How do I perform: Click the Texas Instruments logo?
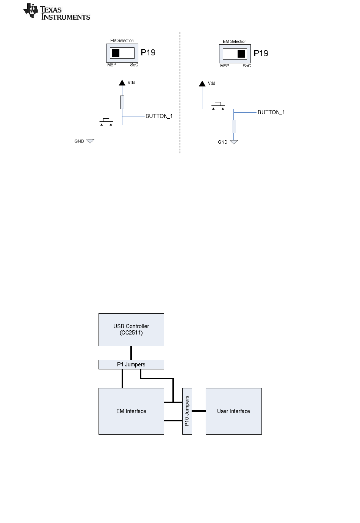tap(56, 12)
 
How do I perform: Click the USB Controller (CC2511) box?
tap(131, 330)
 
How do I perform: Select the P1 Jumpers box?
tap(131, 364)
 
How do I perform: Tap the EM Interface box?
tap(131, 411)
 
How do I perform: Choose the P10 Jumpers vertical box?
tap(187, 411)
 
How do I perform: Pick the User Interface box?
tap(233, 411)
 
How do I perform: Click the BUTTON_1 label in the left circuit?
tap(159, 116)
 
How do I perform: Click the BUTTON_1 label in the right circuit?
tap(271, 112)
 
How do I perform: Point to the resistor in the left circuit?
tap(122, 102)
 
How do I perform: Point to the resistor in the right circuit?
tap(234, 127)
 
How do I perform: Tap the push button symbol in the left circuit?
tap(106, 122)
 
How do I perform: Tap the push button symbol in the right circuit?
tap(218, 106)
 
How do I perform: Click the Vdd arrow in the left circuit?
tap(122, 83)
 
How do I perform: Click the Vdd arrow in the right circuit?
tap(202, 83)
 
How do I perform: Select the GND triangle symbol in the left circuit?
tap(90, 141)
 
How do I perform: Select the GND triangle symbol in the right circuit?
tap(234, 142)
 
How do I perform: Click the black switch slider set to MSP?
tap(116, 53)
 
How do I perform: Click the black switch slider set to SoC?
tap(241, 54)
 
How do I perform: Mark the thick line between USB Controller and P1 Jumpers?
tap(131, 353)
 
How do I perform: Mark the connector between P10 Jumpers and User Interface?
tap(199, 411)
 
